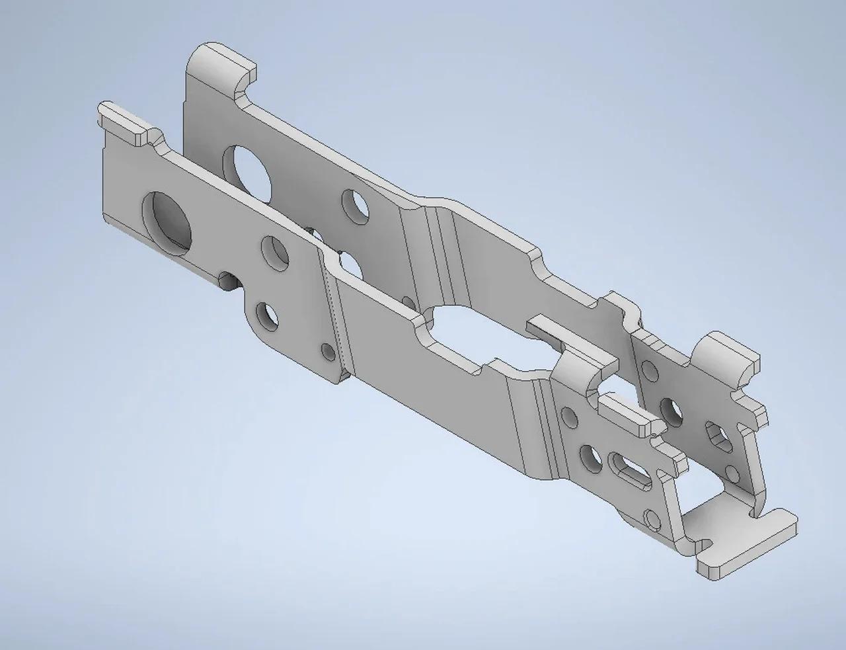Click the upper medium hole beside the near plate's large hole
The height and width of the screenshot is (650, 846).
pyautogui.click(x=275, y=253)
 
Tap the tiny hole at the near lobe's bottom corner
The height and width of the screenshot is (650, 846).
pyautogui.click(x=326, y=350)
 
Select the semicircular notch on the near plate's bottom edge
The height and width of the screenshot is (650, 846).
pyautogui.click(x=227, y=280)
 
